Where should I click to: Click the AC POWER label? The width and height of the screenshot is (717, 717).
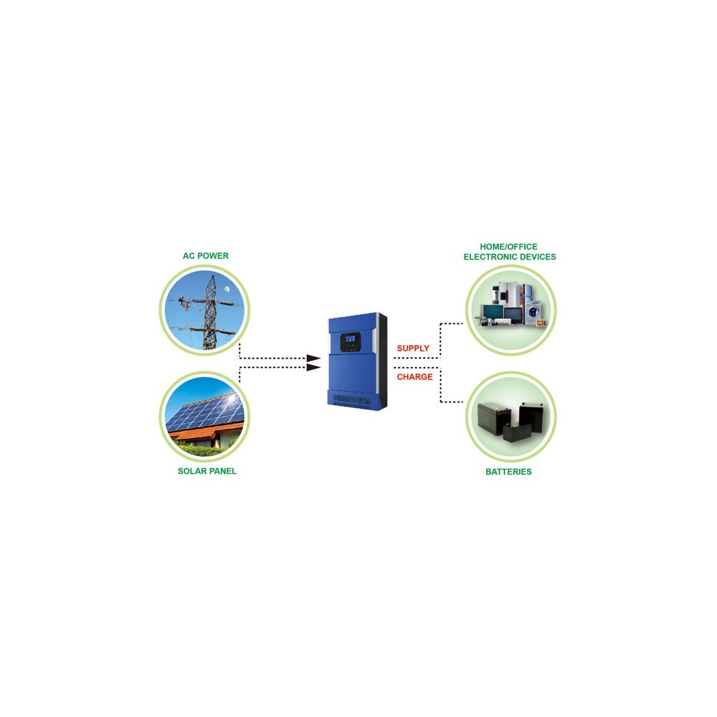point(205,256)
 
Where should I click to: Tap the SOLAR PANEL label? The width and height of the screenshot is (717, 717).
point(207,471)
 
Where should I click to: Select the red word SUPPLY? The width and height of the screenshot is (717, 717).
point(413,348)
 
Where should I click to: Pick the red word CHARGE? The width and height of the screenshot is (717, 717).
point(414,377)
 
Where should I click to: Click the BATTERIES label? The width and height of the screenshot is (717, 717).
point(508,472)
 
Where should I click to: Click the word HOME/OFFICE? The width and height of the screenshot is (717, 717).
point(508,247)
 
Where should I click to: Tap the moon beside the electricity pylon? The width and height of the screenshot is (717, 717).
point(227,289)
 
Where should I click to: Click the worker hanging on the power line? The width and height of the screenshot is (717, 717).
point(182,301)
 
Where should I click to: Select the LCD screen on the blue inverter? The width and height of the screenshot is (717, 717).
point(351,339)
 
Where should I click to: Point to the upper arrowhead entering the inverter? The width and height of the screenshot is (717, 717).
point(313,358)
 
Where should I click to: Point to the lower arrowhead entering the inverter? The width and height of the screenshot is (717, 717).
point(313,367)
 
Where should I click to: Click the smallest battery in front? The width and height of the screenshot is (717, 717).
point(517,432)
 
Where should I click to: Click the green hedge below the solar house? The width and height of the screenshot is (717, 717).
point(201,450)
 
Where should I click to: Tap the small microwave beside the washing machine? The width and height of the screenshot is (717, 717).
point(541,323)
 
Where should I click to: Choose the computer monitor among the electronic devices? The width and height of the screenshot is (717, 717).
point(494,313)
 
